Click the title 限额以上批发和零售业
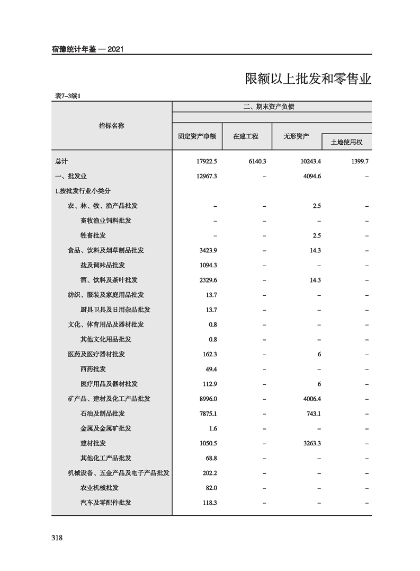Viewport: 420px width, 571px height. click(x=308, y=79)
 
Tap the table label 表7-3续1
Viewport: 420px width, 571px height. click(x=67, y=96)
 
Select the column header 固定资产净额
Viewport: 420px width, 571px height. click(x=197, y=136)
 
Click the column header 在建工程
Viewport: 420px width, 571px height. click(x=246, y=136)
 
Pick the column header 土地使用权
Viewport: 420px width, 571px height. click(x=346, y=142)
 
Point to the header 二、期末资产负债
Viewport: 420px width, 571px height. click(x=272, y=106)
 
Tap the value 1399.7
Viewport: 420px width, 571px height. click(x=358, y=161)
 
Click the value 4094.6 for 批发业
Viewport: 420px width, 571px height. click(x=311, y=175)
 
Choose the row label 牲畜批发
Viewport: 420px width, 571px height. click(x=93, y=235)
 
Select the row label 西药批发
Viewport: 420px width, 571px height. click(x=93, y=368)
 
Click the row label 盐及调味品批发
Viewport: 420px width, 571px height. click(x=103, y=265)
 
